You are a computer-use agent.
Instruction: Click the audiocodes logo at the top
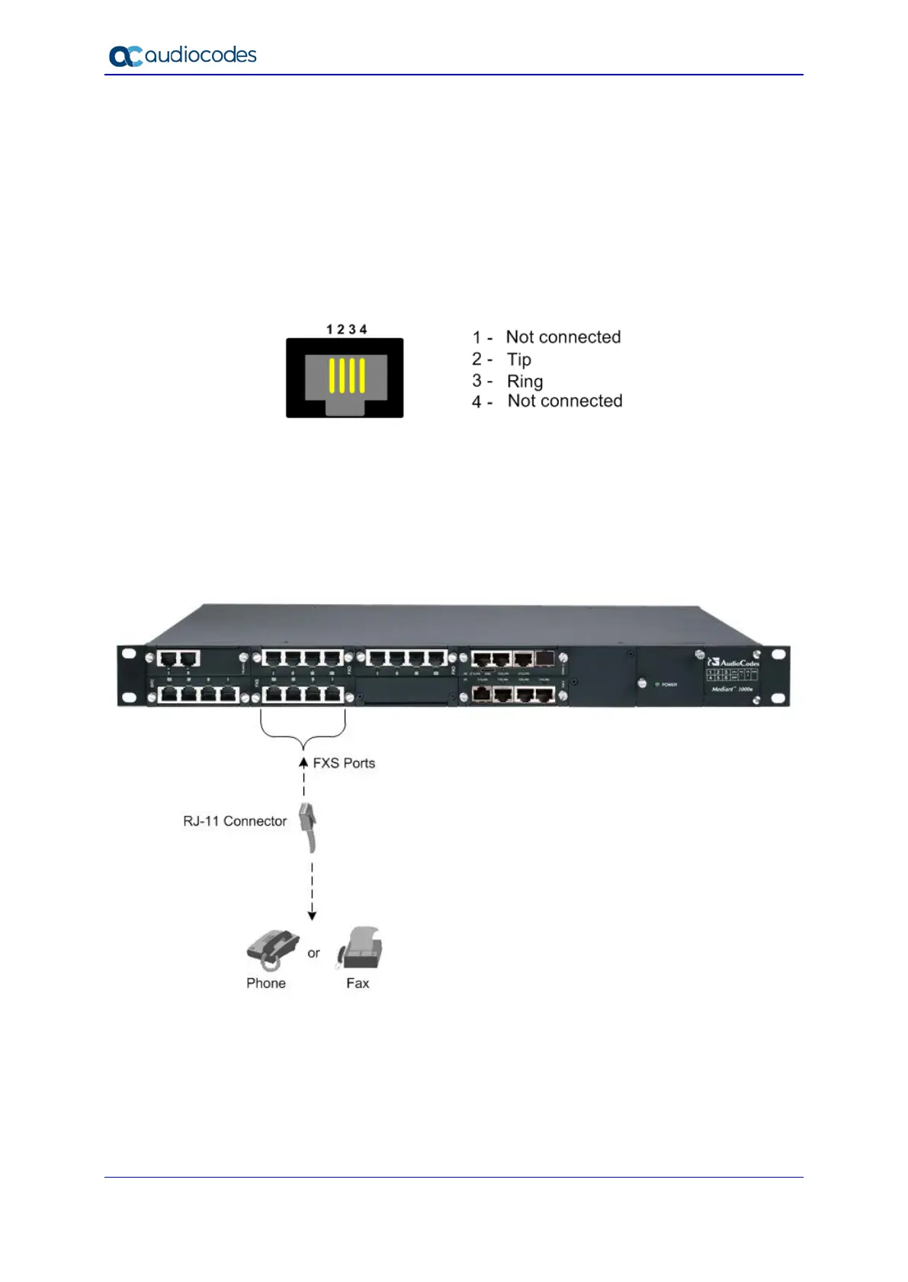183,56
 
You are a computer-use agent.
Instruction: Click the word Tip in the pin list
519,360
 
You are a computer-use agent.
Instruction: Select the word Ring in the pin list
525,381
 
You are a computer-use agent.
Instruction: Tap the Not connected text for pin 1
563,337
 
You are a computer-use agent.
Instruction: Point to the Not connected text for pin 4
565,401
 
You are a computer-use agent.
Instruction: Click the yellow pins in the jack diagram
347,376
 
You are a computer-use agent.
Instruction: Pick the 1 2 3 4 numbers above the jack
346,329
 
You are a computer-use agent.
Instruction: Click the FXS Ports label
344,763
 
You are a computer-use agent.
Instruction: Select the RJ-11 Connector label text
235,821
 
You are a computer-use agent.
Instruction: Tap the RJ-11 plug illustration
308,826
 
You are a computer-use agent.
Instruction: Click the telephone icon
272,949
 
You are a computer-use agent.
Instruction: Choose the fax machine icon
360,948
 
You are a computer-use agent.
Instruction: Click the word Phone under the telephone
266,983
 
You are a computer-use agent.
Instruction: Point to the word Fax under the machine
358,983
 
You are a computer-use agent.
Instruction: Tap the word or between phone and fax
313,953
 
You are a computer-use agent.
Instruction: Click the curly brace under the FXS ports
303,731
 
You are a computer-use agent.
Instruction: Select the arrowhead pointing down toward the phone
312,916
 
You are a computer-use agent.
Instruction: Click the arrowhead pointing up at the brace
303,761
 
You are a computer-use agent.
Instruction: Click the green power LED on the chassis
657,685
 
